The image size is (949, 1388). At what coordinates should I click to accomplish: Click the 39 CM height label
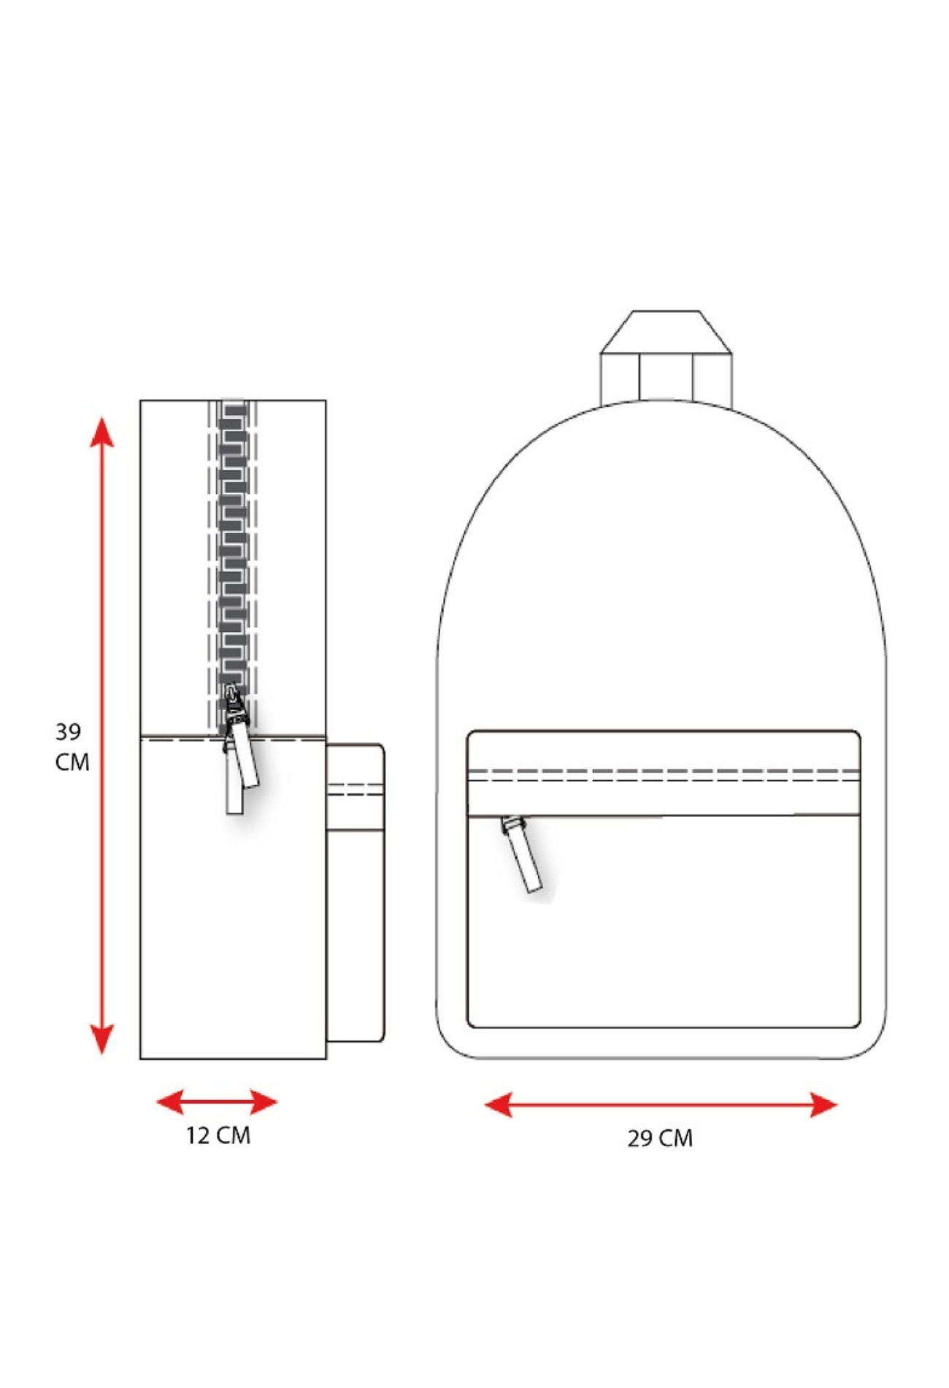click(72, 746)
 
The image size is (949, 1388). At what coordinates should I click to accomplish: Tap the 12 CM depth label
click(218, 1135)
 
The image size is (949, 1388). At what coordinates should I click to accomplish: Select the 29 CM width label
click(660, 1138)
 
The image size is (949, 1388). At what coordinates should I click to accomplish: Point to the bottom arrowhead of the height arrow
click(102, 1040)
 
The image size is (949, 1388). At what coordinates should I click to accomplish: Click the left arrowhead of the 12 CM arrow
click(170, 1102)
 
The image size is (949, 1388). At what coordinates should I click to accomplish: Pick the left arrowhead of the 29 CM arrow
click(499, 1105)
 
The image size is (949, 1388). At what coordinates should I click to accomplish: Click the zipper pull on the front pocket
click(523, 855)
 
